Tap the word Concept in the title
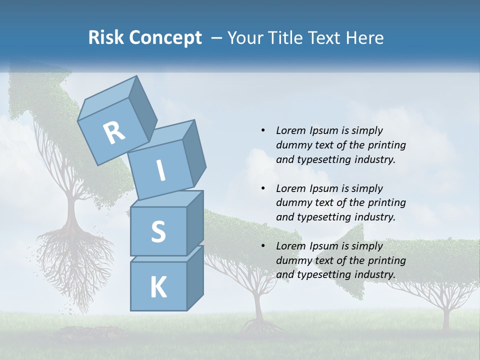pyautogui.click(x=165, y=38)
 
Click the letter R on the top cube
pyautogui.click(x=114, y=132)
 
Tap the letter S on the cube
pyautogui.click(x=158, y=231)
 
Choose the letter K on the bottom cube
pyautogui.click(x=158, y=287)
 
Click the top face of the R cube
pyautogui.click(x=107, y=97)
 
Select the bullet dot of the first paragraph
pyautogui.click(x=263, y=130)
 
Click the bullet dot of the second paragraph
pyautogui.click(x=263, y=188)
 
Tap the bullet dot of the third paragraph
pyautogui.click(x=263, y=246)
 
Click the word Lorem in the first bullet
pyautogui.click(x=290, y=130)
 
